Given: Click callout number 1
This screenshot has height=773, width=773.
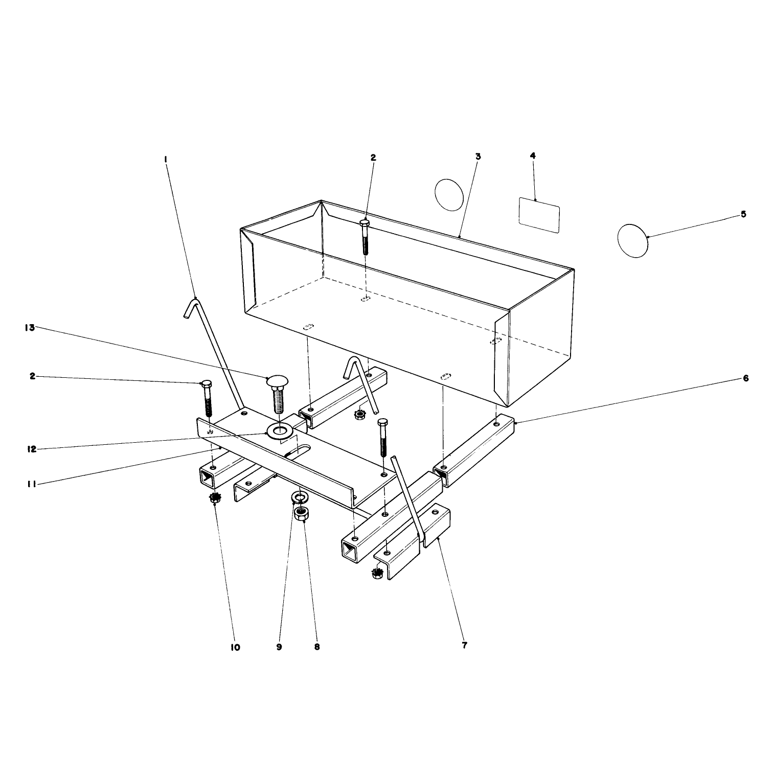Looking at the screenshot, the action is (166, 159).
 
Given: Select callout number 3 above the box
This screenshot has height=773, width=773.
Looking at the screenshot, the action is (478, 156).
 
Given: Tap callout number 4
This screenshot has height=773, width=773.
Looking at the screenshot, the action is (533, 155).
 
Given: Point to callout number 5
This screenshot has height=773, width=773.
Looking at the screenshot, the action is (743, 214).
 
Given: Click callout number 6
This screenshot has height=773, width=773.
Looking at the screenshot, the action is (745, 378).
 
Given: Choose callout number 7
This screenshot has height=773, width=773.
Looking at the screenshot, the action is (464, 645).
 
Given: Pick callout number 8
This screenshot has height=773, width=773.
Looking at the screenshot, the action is (317, 647).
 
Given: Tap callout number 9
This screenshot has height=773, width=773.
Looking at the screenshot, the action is (279, 647).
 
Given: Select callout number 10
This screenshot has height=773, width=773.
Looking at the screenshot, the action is (235, 647).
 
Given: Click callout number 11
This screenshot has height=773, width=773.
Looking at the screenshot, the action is (32, 483).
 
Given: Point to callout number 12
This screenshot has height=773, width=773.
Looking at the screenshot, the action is (32, 449).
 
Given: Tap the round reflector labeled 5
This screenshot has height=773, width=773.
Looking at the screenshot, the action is (633, 240).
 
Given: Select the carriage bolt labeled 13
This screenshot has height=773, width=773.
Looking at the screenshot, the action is (276, 394).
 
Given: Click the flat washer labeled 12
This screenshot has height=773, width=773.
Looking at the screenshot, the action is (279, 431).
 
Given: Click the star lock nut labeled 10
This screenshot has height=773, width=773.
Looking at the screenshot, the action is (215, 498).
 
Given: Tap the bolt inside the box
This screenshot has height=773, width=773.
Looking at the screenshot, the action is (365, 237).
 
